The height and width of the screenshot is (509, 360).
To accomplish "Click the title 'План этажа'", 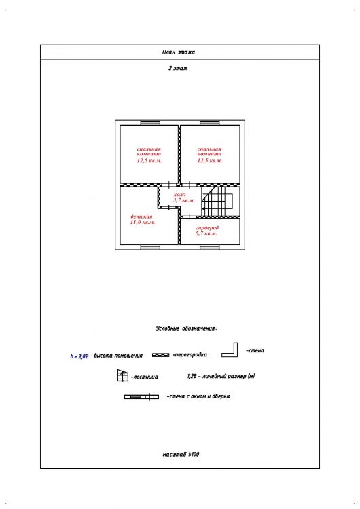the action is tap(179, 52).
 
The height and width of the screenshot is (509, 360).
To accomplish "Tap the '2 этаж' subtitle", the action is tap(178, 68).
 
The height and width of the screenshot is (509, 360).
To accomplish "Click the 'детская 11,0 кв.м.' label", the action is tap(143, 219).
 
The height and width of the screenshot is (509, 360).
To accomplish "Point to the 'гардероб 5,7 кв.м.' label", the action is tap(206, 231).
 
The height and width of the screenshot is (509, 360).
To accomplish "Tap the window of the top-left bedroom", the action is tap(150, 123).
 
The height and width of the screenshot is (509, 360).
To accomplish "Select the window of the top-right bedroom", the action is tap(210, 123).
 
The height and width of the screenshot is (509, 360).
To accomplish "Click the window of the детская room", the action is tap(150, 247).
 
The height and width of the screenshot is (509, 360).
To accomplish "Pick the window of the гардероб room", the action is tap(210, 247).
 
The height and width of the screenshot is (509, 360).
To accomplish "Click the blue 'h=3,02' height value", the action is tap(79, 356).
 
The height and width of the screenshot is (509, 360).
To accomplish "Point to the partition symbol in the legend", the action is tap(160, 355).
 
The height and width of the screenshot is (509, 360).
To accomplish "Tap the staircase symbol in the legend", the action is tap(122, 375).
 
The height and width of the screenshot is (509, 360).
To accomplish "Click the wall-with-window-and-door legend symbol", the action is tap(141, 397).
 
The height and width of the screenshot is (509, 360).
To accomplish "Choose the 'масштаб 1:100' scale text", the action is tap(181, 455).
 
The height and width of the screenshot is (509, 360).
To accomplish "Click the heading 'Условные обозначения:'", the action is tap(187, 328).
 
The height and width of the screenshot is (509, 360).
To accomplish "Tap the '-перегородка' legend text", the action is tap(190, 355).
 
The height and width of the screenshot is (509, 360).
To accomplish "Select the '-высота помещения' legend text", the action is tap(117, 356).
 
